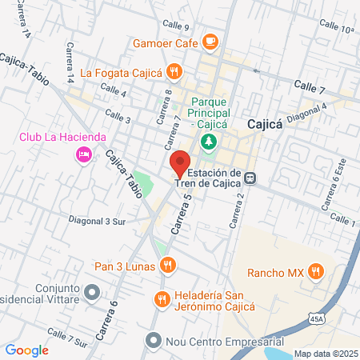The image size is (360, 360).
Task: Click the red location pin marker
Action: tap(179, 164)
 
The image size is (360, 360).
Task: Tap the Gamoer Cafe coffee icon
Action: tap(210, 39)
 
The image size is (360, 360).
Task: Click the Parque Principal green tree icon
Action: tap(209, 142)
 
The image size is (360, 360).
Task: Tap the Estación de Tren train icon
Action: tap(251, 178)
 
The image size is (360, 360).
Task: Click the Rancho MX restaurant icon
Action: tap(316, 272)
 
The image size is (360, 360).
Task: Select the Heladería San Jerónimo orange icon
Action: tap(162, 299)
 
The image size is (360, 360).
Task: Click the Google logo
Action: tap(26, 350)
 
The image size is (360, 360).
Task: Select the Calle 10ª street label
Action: tap(335, 29)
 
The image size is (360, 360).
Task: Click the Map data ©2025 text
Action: tap(326, 354)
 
